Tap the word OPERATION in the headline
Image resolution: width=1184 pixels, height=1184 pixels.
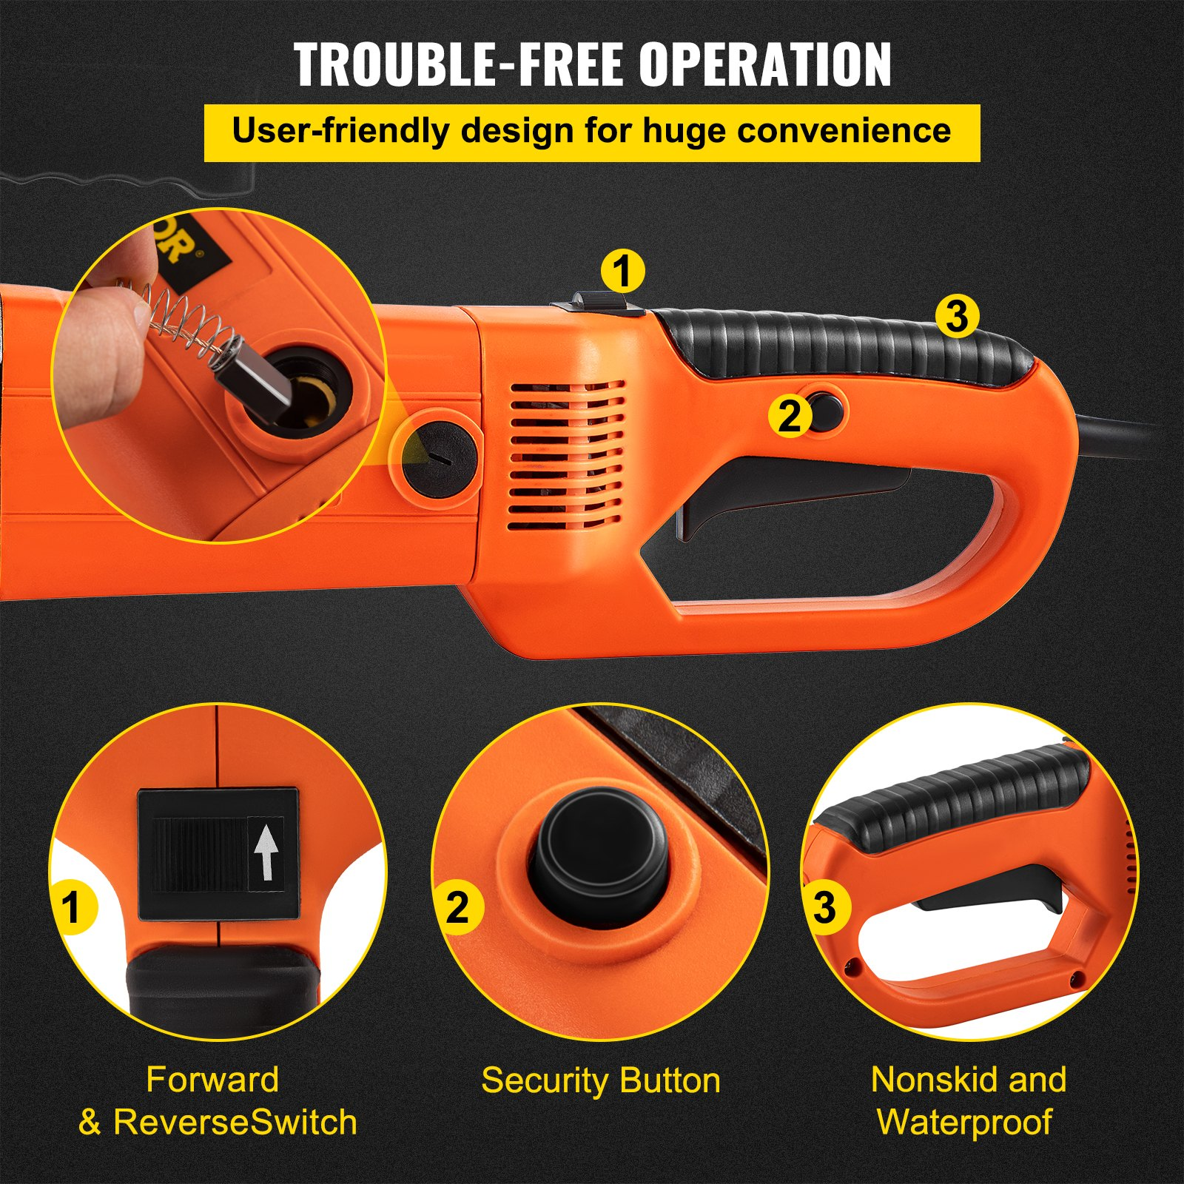click(x=765, y=65)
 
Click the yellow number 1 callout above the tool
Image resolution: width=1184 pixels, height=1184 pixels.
click(x=622, y=272)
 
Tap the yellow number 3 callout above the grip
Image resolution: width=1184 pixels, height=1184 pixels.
click(x=957, y=316)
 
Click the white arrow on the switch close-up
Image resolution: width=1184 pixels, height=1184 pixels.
click(x=266, y=853)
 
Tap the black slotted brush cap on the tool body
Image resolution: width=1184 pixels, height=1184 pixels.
click(x=439, y=459)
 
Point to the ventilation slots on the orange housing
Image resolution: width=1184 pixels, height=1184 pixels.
click(x=566, y=455)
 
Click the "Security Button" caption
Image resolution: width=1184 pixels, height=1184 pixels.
click(x=600, y=1080)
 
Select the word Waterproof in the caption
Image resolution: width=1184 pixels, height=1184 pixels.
click(x=964, y=1122)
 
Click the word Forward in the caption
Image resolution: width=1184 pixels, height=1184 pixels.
click(x=212, y=1080)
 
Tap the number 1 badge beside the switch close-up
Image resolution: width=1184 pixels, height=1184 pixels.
click(x=72, y=907)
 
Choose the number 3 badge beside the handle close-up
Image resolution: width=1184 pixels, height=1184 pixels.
click(x=824, y=906)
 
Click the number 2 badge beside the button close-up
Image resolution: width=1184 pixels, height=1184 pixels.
click(x=457, y=907)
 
